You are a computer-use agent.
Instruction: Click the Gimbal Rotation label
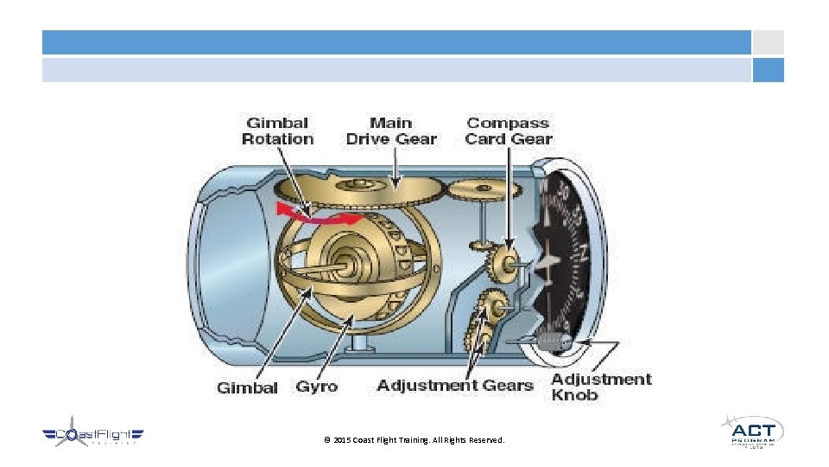click(277, 131)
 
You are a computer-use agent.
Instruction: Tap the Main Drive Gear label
click(391, 131)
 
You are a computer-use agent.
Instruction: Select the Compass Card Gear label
click(509, 131)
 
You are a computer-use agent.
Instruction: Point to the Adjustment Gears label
click(454, 385)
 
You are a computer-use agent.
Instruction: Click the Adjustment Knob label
click(601, 387)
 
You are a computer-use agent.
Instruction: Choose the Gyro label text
click(316, 387)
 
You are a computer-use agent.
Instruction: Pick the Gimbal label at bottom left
click(247, 387)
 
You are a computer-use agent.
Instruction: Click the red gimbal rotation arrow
click(311, 213)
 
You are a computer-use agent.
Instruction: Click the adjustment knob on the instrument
click(550, 342)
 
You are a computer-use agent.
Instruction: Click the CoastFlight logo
click(93, 436)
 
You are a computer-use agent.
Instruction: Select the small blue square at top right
click(768, 70)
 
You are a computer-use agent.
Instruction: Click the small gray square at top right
click(768, 42)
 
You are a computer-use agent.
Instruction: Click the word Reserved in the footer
click(486, 441)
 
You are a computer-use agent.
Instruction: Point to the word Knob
click(574, 395)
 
